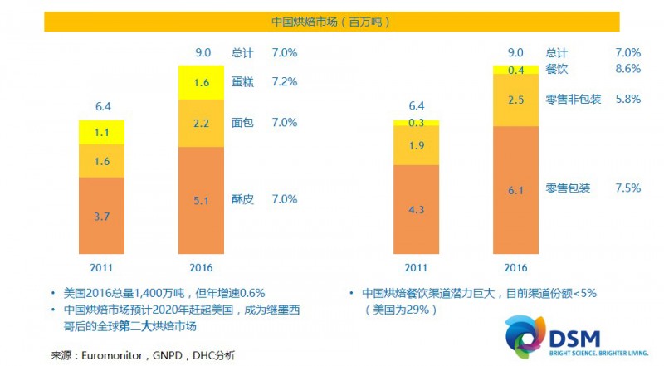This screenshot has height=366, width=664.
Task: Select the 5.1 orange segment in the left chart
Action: pyautogui.click(x=202, y=199)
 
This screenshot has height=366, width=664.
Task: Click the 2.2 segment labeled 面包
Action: pyautogui.click(x=202, y=122)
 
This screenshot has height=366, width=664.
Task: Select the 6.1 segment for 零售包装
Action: pyautogui.click(x=515, y=191)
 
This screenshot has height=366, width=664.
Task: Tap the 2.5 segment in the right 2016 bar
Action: pyautogui.click(x=515, y=100)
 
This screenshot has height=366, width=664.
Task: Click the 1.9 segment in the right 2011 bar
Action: pyautogui.click(x=417, y=145)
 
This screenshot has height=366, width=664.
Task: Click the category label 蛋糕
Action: pyautogui.click(x=242, y=82)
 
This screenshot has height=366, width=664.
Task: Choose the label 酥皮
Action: pyautogui.click(x=242, y=199)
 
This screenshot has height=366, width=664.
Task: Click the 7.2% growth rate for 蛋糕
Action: pyautogui.click(x=284, y=82)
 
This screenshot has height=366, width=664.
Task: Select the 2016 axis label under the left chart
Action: pyautogui.click(x=202, y=267)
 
